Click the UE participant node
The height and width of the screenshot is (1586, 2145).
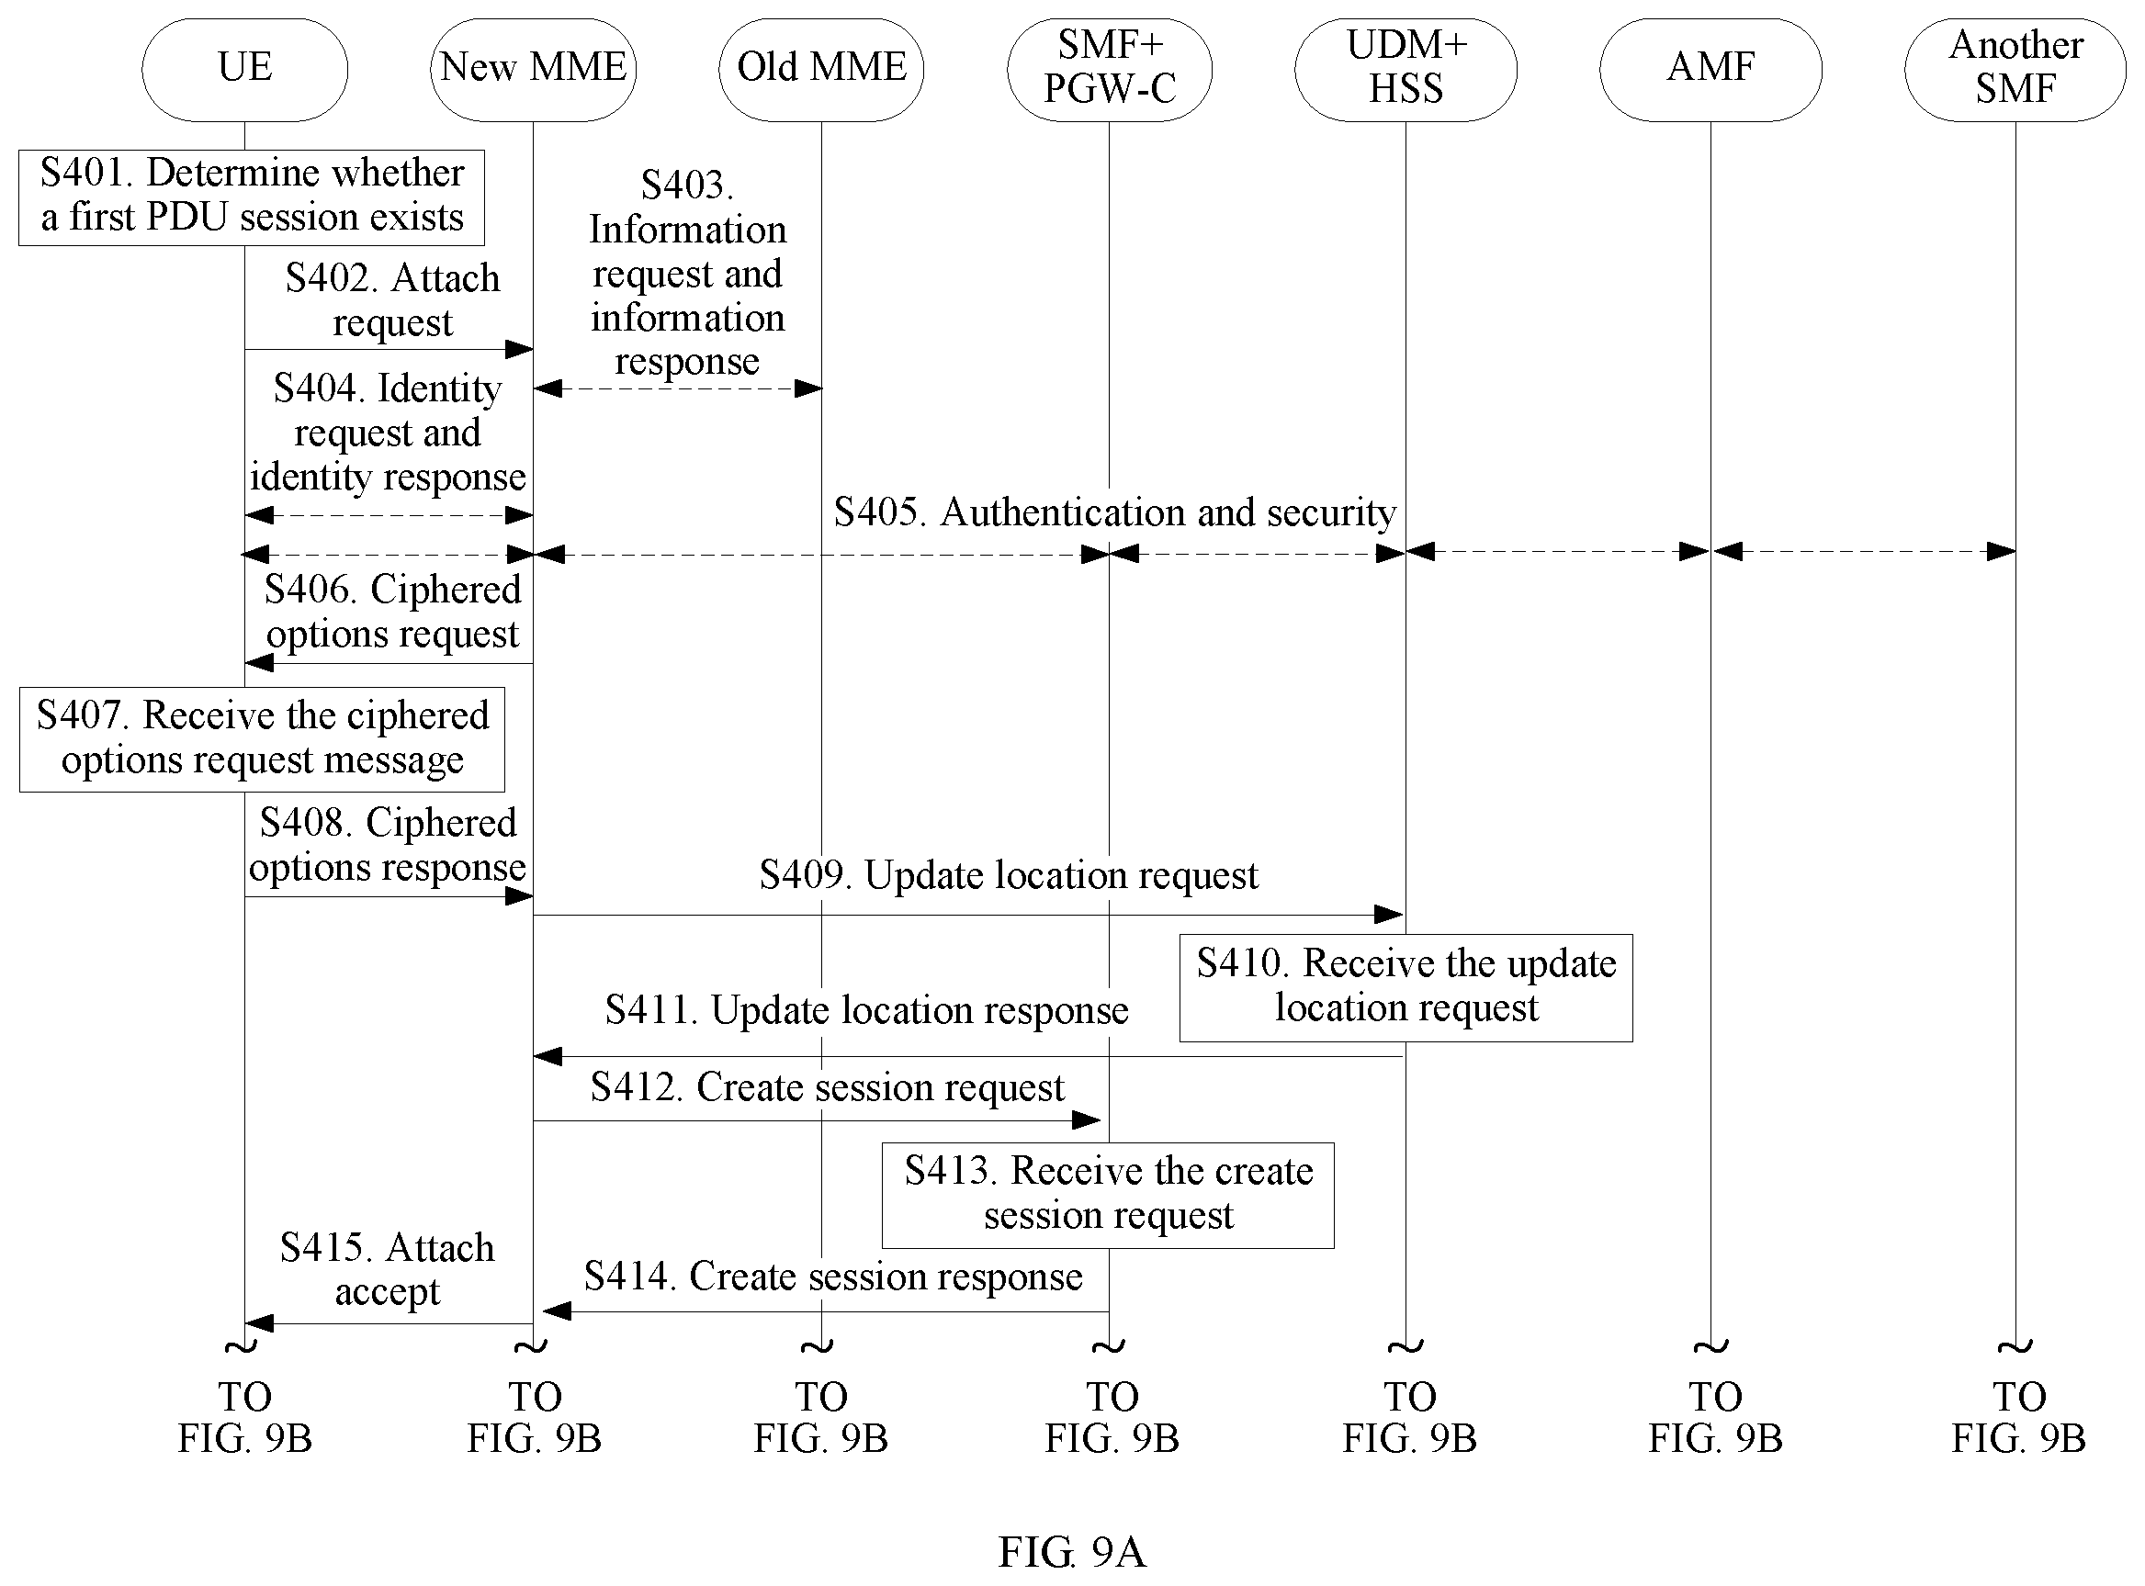pyautogui.click(x=245, y=70)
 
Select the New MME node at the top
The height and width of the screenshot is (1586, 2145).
pyautogui.click(x=533, y=70)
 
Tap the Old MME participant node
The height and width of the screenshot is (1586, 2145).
pyautogui.click(x=821, y=70)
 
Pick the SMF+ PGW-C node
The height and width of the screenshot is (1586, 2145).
pyautogui.click(x=1109, y=70)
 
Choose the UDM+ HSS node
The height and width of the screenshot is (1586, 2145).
pyautogui.click(x=1406, y=70)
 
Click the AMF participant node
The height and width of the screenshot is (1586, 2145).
pyautogui.click(x=1710, y=70)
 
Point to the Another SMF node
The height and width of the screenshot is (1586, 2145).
pyautogui.click(x=2015, y=70)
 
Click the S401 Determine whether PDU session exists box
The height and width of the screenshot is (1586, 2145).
pyautogui.click(x=252, y=197)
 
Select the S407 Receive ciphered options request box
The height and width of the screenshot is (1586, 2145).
pyautogui.click(x=262, y=739)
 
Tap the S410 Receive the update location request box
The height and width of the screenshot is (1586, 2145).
pyautogui.click(x=1406, y=988)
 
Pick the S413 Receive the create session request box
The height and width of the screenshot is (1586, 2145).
pyautogui.click(x=1108, y=1196)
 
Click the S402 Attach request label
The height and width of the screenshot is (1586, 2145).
pyautogui.click(x=392, y=300)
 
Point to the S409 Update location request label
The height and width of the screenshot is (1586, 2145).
pyautogui.click(x=1008, y=874)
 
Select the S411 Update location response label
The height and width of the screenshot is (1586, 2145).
pyautogui.click(x=867, y=1010)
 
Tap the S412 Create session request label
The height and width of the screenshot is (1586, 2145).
pyautogui.click(x=828, y=1086)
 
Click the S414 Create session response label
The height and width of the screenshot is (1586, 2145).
pyautogui.click(x=833, y=1276)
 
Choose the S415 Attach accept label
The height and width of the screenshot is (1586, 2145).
pyautogui.click(x=387, y=1269)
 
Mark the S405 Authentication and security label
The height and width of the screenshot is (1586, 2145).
pyautogui.click(x=1114, y=512)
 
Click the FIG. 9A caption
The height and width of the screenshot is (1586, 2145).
pyautogui.click(x=1073, y=1550)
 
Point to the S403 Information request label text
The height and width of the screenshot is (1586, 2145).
pyautogui.click(x=687, y=274)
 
